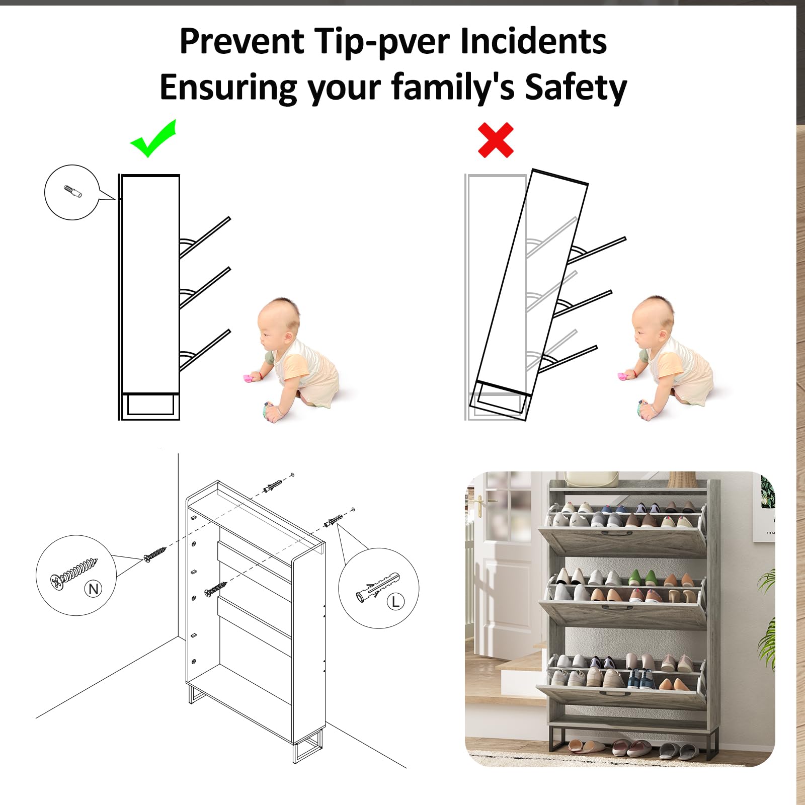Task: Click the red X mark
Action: (x=496, y=140)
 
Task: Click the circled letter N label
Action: (x=94, y=589)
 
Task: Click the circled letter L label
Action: (x=395, y=601)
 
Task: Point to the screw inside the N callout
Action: (x=73, y=572)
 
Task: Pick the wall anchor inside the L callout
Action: (x=377, y=586)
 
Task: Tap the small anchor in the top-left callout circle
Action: (x=73, y=191)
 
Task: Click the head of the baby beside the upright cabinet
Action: (x=278, y=321)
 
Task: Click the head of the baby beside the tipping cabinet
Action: (x=653, y=320)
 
